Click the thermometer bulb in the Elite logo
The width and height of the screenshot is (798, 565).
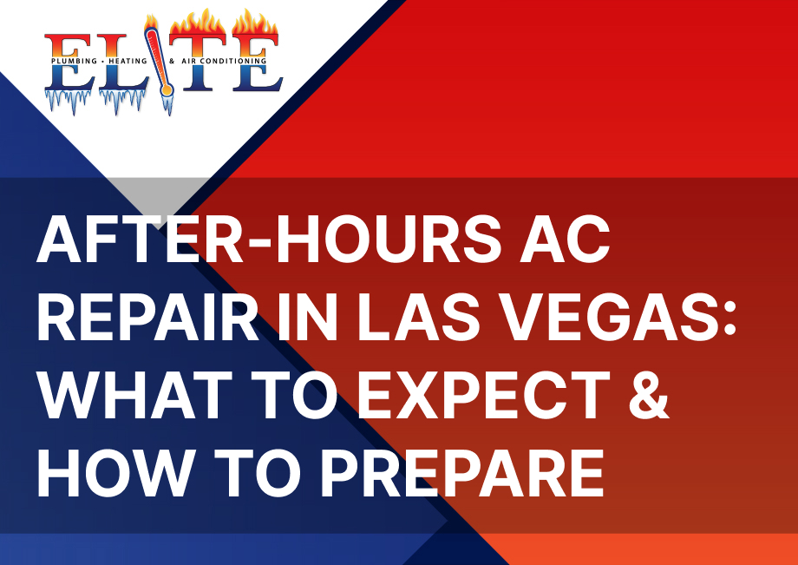click(x=166, y=90)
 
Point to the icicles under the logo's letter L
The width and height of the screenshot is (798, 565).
click(x=122, y=101)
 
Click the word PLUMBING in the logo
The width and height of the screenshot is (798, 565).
click(x=75, y=61)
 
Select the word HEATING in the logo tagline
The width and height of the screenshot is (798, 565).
click(x=128, y=61)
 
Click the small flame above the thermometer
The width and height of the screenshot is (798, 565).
click(x=151, y=22)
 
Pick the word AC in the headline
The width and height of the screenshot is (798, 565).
click(x=565, y=240)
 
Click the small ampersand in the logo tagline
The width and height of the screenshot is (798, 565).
click(x=172, y=61)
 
